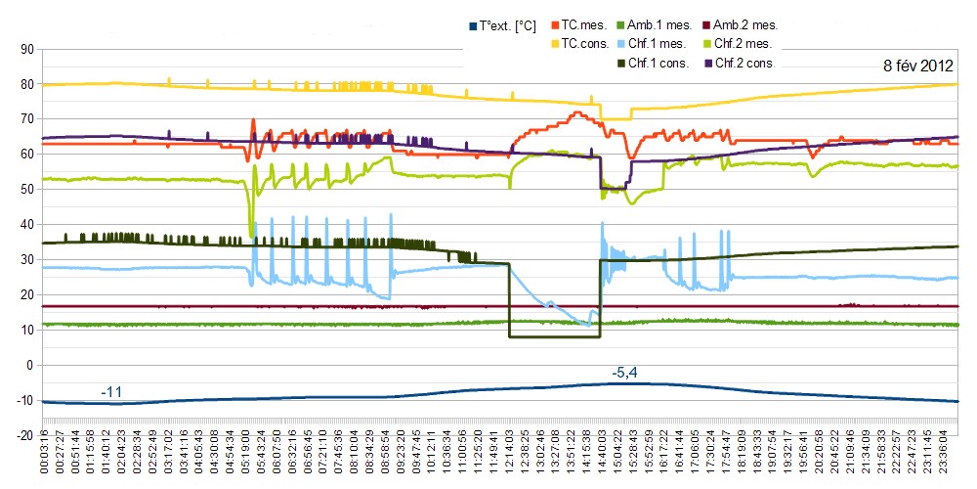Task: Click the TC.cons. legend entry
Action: [x=586, y=44]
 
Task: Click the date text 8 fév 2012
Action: [x=917, y=67]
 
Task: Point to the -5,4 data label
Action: [x=625, y=373]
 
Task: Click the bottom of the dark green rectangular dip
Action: [x=554, y=337]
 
